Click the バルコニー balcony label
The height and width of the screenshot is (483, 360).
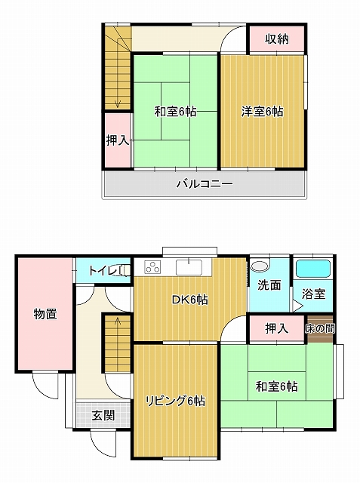click(x=205, y=184)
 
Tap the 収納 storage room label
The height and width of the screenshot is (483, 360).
click(x=277, y=39)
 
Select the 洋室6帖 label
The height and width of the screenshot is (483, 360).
click(x=262, y=112)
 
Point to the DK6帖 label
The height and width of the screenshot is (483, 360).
click(x=189, y=300)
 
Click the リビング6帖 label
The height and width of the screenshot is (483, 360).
click(x=175, y=401)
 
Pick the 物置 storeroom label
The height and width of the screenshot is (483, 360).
click(x=45, y=314)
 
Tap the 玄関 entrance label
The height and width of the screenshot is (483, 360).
click(x=103, y=416)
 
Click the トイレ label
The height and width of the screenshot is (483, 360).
click(x=103, y=271)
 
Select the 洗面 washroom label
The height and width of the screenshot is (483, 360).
click(x=269, y=285)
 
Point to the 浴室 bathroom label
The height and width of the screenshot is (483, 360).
click(x=313, y=294)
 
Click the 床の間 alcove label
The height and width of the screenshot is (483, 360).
click(x=320, y=329)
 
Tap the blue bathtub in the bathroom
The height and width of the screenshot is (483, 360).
click(x=313, y=269)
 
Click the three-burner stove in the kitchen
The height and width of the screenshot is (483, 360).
click(x=152, y=266)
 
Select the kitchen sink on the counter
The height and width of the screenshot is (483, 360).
click(x=189, y=266)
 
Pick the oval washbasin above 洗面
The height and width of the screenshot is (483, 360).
click(x=259, y=266)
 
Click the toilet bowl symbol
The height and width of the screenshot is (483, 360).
click(x=123, y=271)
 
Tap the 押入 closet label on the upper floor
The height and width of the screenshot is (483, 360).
click(x=117, y=141)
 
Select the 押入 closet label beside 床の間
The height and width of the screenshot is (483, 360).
click(x=277, y=329)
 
